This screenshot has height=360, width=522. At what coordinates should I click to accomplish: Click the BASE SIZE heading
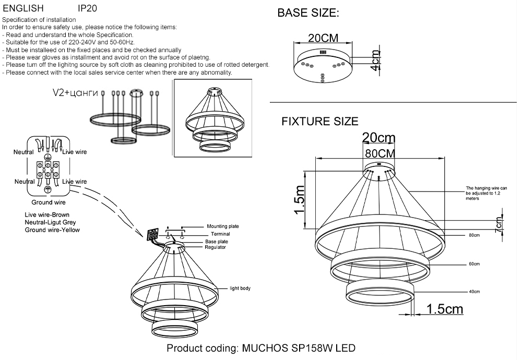coord(308,14)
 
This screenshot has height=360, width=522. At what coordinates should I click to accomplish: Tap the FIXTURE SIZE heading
coord(319,122)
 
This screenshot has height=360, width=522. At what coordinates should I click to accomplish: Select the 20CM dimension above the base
coord(323,38)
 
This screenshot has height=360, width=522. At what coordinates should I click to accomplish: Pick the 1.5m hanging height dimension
coord(299,200)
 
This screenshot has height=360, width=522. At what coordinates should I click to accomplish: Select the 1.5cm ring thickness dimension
coord(444,309)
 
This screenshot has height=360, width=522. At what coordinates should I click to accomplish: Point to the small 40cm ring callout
coord(474,292)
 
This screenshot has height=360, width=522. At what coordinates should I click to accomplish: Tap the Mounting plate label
coord(223,226)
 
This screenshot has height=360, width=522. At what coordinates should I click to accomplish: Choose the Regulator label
coord(215,247)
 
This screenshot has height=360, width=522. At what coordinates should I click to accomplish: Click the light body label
coord(241,288)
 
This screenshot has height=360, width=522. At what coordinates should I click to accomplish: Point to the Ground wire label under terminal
coord(49,202)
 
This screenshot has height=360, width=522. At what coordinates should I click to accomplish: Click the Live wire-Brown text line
coord(47,214)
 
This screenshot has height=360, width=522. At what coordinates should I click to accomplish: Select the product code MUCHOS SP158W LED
coord(261,348)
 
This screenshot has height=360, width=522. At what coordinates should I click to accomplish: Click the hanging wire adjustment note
coord(490,193)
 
